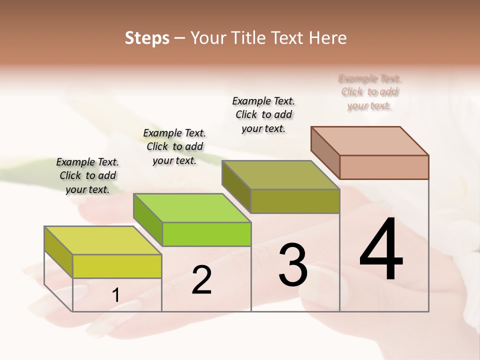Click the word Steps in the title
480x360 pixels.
[x=147, y=38]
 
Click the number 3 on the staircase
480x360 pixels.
[x=293, y=264]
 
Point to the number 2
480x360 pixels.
[x=201, y=280]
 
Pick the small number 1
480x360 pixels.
[x=116, y=295]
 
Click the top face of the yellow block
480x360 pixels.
[x=102, y=240]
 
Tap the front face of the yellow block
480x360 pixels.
[x=117, y=266]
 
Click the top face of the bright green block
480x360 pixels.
[x=191, y=207]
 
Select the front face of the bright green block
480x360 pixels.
[x=206, y=234]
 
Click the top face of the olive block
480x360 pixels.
[x=280, y=175]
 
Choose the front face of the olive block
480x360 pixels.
[x=295, y=201]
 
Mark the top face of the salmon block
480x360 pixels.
[x=369, y=140]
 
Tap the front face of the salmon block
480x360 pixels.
[x=384, y=167]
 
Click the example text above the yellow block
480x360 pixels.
[x=87, y=175]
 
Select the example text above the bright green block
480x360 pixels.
[x=174, y=146]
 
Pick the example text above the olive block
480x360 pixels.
[x=263, y=114]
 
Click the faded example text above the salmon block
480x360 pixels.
[x=369, y=92]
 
